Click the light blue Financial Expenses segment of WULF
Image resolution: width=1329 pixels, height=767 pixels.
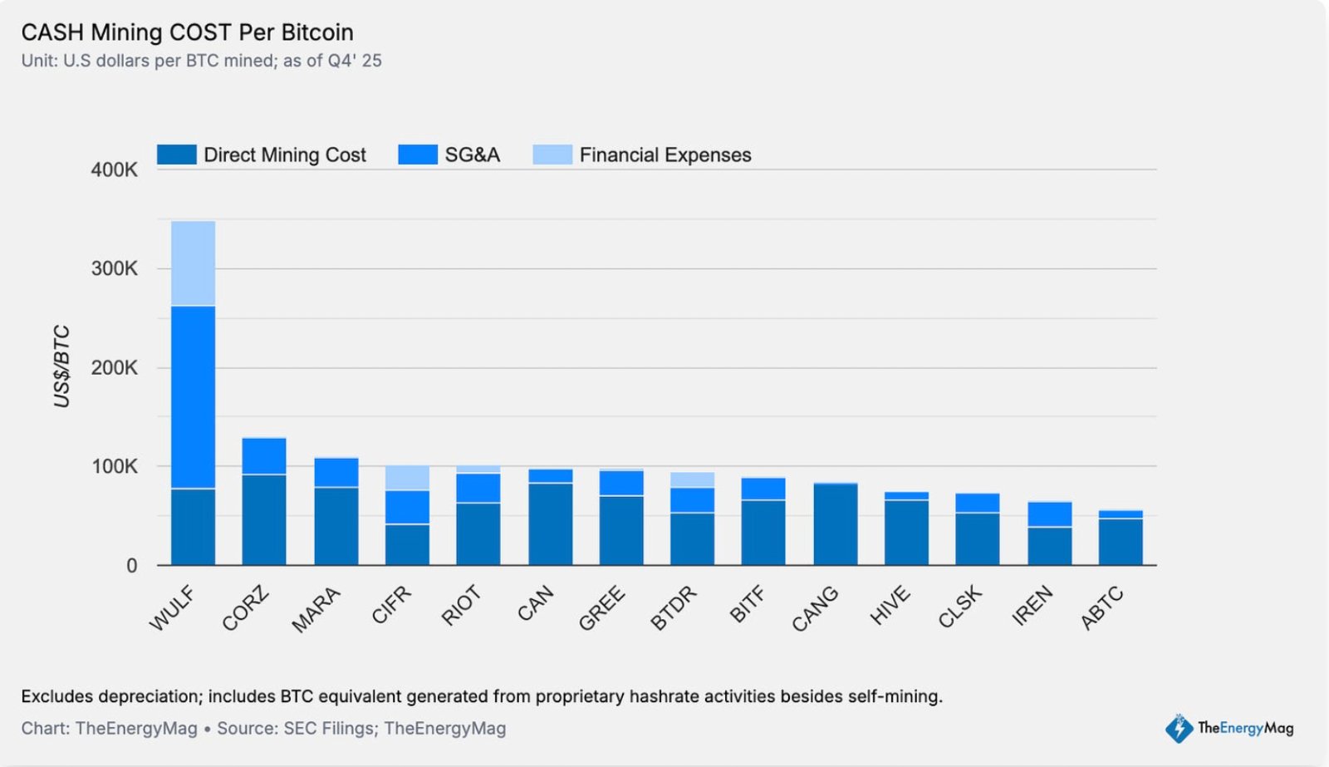click(x=193, y=263)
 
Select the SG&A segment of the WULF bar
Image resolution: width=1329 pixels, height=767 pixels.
click(x=193, y=396)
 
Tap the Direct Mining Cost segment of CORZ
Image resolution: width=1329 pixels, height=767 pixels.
click(x=264, y=519)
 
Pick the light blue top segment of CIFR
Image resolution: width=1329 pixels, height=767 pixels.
click(x=407, y=478)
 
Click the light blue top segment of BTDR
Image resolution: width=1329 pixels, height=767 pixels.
click(x=692, y=479)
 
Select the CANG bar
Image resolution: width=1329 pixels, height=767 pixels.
click(x=835, y=524)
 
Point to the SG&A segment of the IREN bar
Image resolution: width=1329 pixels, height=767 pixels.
click(x=1049, y=514)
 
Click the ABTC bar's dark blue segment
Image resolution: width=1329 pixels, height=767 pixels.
click(x=1121, y=541)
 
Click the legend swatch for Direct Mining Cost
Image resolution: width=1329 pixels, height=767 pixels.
click(x=176, y=155)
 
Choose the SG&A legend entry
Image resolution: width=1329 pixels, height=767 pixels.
click(x=472, y=155)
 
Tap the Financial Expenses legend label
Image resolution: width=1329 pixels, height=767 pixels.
click(x=664, y=155)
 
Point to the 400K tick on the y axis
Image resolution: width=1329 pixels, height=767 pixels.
click(x=115, y=170)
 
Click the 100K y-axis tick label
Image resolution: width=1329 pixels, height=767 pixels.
click(x=115, y=466)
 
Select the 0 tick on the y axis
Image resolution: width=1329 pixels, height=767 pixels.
click(x=131, y=566)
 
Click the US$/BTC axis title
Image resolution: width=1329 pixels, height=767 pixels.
click(x=61, y=366)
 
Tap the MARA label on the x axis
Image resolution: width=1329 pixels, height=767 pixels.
click(x=316, y=609)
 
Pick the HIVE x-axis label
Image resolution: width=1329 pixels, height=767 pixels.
click(x=890, y=605)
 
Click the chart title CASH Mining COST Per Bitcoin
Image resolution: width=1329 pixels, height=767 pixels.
click(x=187, y=32)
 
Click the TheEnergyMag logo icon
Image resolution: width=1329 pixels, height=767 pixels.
click(x=1179, y=728)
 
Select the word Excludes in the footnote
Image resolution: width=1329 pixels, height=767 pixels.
click(x=55, y=696)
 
